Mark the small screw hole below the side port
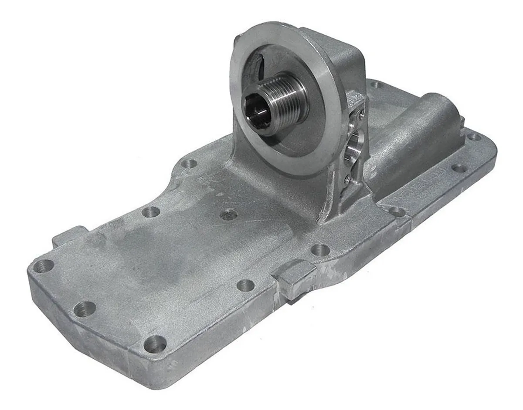pos(347,178)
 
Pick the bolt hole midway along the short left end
pos(85,308)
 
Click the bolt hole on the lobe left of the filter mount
pos(189,164)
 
